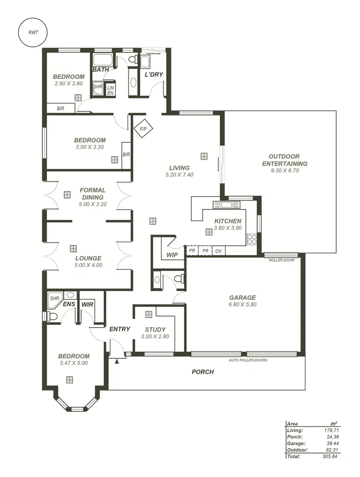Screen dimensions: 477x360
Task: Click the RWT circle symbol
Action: (33, 33)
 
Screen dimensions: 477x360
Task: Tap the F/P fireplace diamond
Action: (143, 129)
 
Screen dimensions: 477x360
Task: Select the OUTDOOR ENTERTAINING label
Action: (285, 160)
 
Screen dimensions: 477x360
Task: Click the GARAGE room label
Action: (242, 297)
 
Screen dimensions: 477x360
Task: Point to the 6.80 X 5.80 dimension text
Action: (242, 305)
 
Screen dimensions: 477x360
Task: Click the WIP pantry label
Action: (172, 255)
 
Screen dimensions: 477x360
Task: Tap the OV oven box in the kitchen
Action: (218, 251)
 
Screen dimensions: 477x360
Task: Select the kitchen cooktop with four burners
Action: (252, 238)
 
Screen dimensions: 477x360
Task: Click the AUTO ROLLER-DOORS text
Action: (248, 360)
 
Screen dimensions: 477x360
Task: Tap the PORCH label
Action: (203, 372)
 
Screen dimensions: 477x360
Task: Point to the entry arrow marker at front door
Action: (117, 359)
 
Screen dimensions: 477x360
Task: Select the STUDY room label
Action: (155, 330)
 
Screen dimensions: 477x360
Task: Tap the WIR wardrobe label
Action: (87, 304)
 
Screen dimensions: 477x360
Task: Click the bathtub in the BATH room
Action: (102, 61)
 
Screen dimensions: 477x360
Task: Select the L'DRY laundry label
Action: (154, 74)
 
